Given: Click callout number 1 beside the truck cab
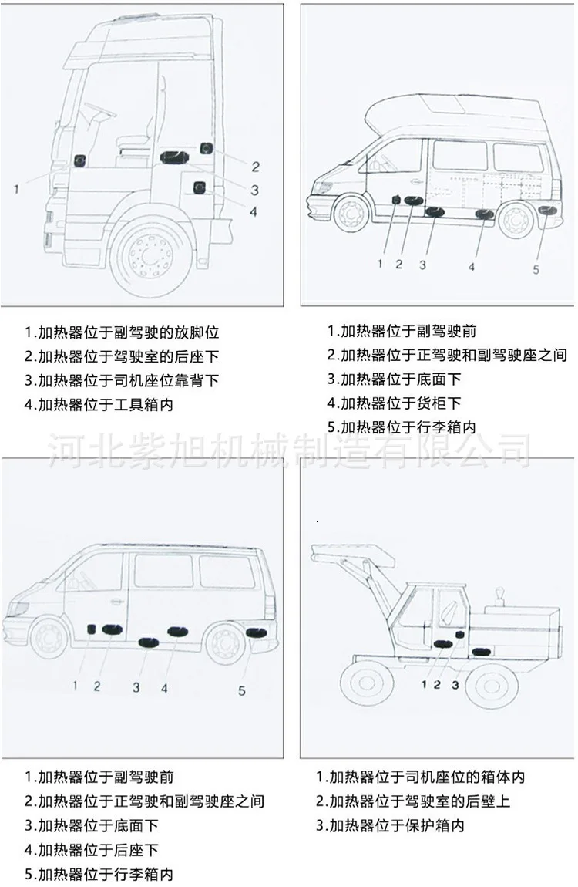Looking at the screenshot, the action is pos(17,187).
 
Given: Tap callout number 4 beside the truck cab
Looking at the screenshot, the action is pos(253,211).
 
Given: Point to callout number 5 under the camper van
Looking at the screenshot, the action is pos(536,270).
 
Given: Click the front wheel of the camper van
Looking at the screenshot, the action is pos(352,215).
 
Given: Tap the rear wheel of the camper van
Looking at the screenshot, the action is pos(516,219).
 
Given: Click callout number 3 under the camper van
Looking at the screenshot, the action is pos(422,265).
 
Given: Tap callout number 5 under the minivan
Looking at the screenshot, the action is pos(242,690).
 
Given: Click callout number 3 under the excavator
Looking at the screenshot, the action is pos(455,683).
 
